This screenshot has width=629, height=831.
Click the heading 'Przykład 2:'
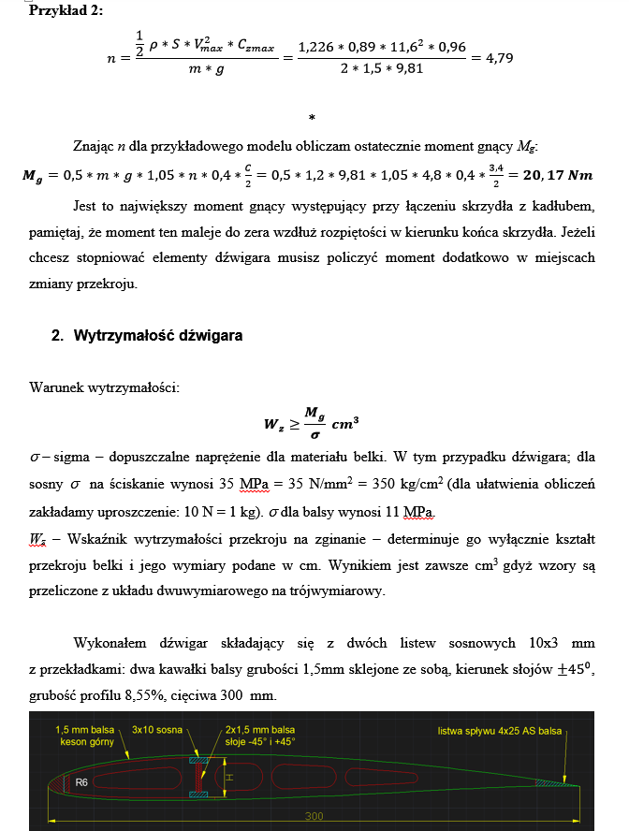(66, 10)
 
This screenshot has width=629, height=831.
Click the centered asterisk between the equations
(312, 118)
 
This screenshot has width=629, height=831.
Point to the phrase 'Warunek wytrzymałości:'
(104, 386)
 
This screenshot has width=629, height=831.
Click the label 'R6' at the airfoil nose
(81, 779)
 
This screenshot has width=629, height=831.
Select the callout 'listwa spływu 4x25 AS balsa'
(501, 730)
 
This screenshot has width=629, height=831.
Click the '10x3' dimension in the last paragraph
(549, 645)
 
